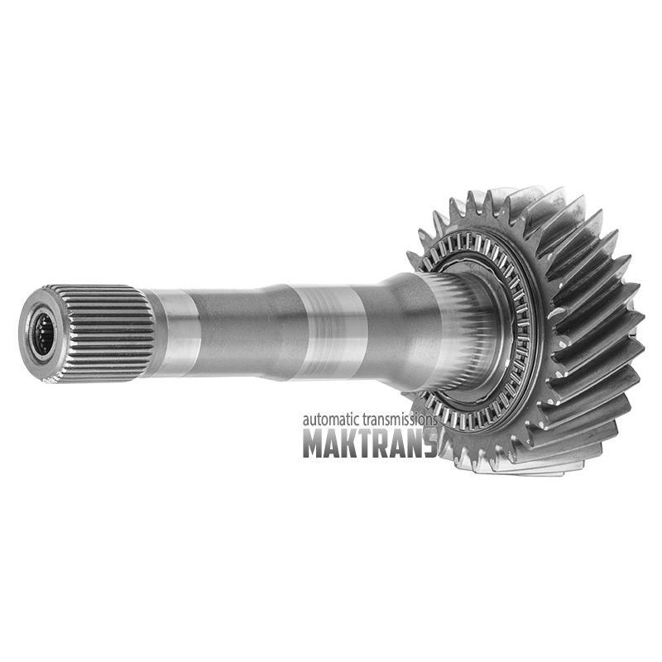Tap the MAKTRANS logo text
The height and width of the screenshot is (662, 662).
tap(370, 444)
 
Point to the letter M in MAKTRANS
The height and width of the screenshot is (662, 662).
tap(314, 444)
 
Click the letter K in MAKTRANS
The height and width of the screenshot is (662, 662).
tap(351, 444)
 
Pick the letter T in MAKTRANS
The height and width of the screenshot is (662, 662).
tap(367, 444)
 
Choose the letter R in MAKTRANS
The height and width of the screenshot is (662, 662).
tap(383, 444)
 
